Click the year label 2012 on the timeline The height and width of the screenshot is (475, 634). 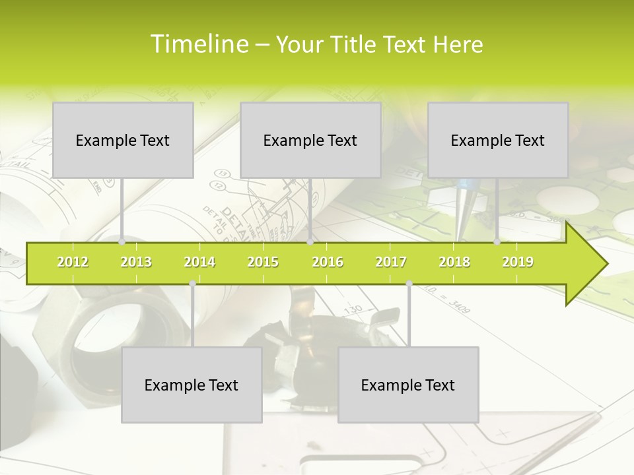[73, 262]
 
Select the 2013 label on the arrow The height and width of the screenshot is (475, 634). [136, 262]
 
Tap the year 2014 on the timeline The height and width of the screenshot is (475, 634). [199, 262]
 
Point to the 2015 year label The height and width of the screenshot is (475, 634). [263, 262]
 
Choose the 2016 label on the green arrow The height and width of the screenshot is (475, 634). [328, 262]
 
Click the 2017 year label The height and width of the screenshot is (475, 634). [391, 262]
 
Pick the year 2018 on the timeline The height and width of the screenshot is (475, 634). [454, 262]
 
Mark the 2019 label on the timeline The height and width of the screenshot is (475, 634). [518, 262]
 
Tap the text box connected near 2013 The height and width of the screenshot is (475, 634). [123, 140]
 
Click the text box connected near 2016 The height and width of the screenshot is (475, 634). [310, 140]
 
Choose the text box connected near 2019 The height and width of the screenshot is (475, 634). [498, 140]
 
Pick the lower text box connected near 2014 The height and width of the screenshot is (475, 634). [192, 385]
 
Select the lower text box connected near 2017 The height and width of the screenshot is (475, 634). [408, 385]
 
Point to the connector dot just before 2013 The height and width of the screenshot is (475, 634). [122, 241]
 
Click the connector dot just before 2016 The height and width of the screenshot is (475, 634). [310, 241]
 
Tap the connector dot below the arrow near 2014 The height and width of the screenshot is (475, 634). [192, 284]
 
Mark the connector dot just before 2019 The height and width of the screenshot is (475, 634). [497, 241]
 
